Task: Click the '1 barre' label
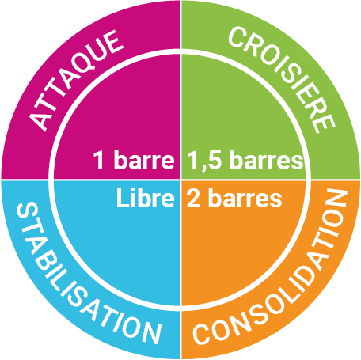[134, 160]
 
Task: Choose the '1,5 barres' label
[245, 160]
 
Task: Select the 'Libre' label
[145, 198]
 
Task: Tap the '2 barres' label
[234, 198]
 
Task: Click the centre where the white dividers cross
[180, 180]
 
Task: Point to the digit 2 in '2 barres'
[193, 198]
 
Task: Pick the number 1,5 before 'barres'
[204, 161]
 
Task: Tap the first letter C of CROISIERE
[236, 37]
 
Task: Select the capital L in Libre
[123, 198]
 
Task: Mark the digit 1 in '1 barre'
[99, 160]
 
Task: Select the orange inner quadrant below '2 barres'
[237, 251]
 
